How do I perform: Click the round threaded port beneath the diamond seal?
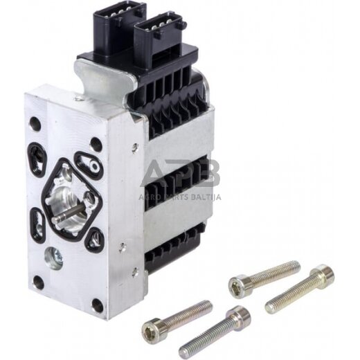(53, 258)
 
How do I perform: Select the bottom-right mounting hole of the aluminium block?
(98, 305)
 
